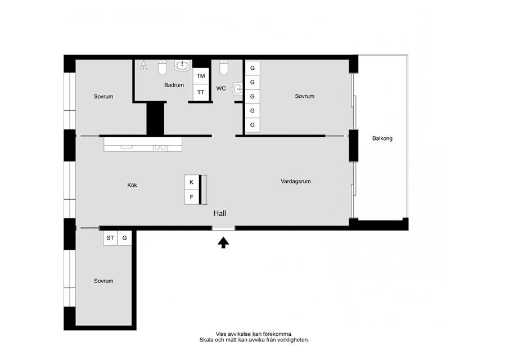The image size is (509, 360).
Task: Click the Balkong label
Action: coord(382,138)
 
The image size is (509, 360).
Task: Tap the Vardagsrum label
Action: coord(295,181)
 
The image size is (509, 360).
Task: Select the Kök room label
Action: coord(132,185)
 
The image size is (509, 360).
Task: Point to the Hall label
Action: coord(220,213)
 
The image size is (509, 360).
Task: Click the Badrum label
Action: coord(174,85)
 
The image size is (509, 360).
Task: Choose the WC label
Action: coord(221,88)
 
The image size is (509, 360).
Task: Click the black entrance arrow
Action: coord(223,242)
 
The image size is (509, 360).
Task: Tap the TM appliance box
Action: coord(201,76)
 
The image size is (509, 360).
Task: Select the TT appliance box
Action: coord(201,92)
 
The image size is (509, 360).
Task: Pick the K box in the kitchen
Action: coord(192,182)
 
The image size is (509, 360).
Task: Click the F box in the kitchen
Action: coord(192,197)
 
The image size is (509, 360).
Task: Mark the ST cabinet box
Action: coord(110,238)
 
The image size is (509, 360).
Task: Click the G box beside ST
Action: coord(124,238)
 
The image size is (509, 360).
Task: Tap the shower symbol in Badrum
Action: coord(143,66)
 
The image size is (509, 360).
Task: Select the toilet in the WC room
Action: coord(224,67)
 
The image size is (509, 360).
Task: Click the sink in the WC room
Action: coord(237,89)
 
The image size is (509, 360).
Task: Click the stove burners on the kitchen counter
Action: coord(160,148)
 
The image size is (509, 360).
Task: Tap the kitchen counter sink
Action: coord(127,147)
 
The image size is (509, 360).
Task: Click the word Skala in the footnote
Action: coord(206,340)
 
